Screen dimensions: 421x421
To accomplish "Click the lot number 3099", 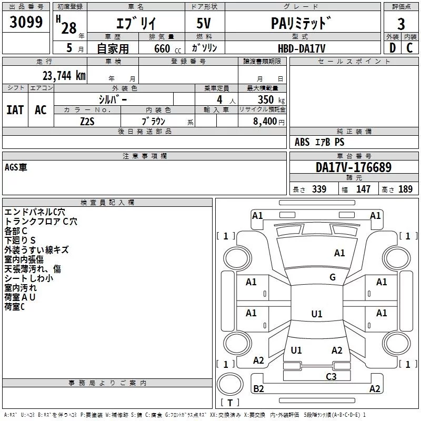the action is click(26, 22).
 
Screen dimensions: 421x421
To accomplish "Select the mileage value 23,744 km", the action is click(64, 76).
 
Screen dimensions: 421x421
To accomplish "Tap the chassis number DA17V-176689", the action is click(354, 167).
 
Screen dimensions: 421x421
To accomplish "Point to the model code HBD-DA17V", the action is click(302, 48).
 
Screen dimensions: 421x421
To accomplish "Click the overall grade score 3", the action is click(401, 24).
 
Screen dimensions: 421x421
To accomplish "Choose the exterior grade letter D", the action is click(393, 48).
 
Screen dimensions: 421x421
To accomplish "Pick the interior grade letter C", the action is click(409, 48).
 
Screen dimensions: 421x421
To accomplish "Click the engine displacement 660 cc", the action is click(168, 49).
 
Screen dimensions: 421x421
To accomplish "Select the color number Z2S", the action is click(87, 122).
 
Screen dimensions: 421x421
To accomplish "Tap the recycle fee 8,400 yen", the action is click(269, 122).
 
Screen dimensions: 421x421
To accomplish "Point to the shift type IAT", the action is click(15, 110).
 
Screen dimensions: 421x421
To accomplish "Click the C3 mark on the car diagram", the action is click(331, 376).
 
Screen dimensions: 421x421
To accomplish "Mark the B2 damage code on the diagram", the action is click(258, 388).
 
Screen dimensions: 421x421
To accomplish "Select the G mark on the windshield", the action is click(333, 277).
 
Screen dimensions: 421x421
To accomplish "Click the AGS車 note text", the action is click(16, 167).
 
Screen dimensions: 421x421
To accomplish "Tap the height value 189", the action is click(405, 189).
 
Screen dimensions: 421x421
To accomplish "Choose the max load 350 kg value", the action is click(271, 99).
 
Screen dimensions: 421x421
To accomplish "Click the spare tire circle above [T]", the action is click(230, 384).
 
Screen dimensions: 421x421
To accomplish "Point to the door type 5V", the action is click(204, 23).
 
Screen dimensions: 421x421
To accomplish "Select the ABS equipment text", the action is click(302, 142).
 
